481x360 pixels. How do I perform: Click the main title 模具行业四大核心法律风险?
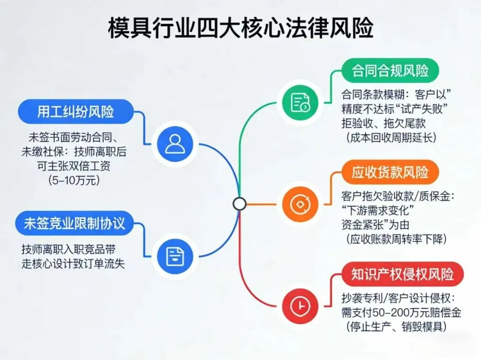pos(240,28)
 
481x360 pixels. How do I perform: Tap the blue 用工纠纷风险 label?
pos(76,111)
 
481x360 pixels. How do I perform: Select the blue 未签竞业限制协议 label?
pos(74,223)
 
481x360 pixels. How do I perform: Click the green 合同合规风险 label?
pos(390,71)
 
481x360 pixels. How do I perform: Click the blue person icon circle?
pos(175,143)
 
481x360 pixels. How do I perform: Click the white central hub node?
pos(240,204)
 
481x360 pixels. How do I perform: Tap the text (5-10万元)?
pos(75,181)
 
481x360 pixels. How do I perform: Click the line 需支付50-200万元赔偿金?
pos(401,313)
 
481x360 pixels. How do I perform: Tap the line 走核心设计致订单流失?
pos(73,263)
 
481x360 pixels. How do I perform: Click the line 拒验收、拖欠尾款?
pos(383,123)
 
